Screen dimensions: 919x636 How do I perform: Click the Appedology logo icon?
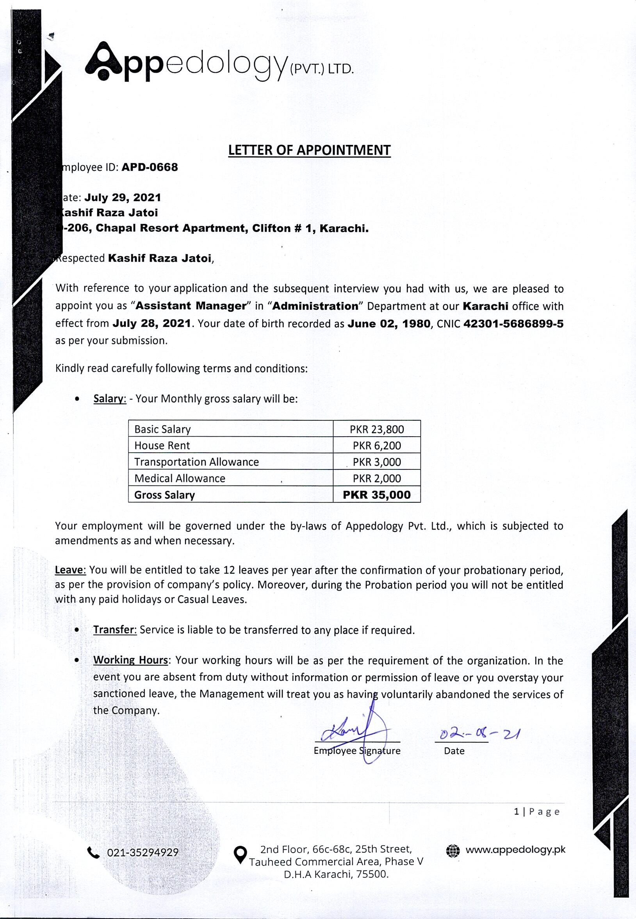pos(102,61)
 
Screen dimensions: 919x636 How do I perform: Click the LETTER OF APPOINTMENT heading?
pos(309,150)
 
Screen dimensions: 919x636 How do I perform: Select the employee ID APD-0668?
pos(150,167)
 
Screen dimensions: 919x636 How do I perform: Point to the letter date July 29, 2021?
pos(123,198)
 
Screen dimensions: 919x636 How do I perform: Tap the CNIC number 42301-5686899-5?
pos(513,324)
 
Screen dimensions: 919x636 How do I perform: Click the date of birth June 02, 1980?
pos(389,324)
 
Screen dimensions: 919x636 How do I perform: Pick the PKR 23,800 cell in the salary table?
pos(377,429)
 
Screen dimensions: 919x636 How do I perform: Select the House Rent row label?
pos(162,446)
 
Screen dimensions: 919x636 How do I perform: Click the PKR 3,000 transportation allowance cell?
pos(377,462)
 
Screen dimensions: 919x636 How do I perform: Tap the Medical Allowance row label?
pos(180,478)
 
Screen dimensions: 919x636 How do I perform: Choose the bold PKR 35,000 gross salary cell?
pos(377,495)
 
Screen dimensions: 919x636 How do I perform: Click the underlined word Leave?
pos(70,570)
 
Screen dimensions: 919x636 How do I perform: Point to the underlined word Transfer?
pos(115,630)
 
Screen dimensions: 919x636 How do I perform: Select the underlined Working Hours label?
pos(131,660)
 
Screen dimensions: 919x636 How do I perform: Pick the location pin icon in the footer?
pos(240,855)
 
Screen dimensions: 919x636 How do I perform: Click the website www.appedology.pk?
pos(515,849)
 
